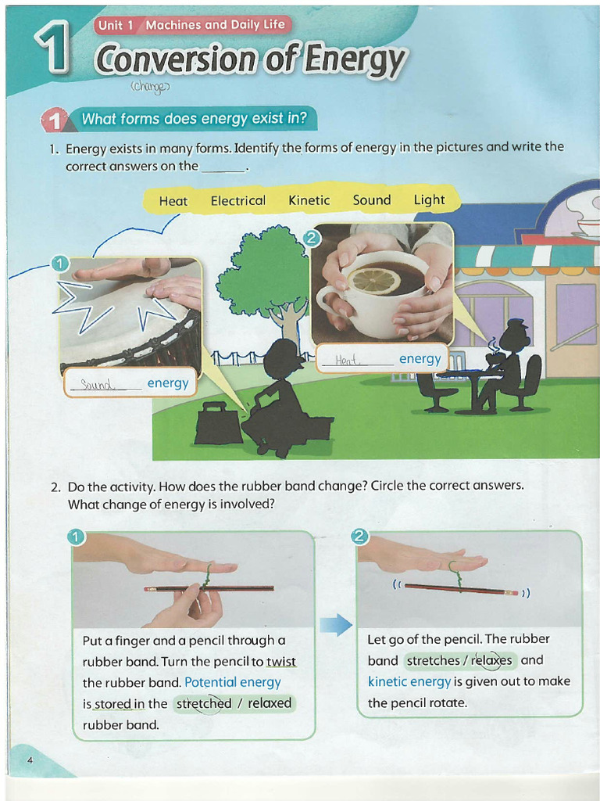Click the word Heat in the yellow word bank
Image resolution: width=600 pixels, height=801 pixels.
click(x=173, y=201)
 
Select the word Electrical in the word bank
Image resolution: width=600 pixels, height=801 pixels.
click(x=237, y=201)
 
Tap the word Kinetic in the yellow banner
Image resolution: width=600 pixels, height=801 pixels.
click(x=309, y=200)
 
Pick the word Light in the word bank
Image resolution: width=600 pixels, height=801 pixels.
click(x=429, y=199)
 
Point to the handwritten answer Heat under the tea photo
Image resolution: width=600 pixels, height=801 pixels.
click(x=346, y=359)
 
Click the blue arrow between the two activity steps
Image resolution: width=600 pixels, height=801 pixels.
click(x=336, y=624)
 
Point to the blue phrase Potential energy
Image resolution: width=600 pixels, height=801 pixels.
click(x=232, y=682)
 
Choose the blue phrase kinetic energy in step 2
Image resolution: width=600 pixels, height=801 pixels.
click(x=409, y=681)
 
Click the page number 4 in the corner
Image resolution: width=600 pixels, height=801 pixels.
click(x=30, y=760)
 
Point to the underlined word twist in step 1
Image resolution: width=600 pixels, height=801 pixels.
click(x=280, y=662)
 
